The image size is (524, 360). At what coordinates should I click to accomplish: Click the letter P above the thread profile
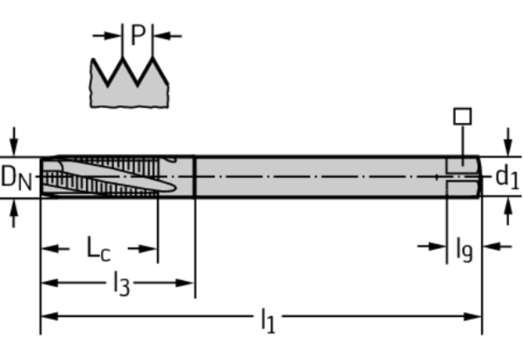pos(138,35)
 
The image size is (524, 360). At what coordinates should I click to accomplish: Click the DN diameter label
pos(16,178)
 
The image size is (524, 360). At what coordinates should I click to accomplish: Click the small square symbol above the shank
pos(462,117)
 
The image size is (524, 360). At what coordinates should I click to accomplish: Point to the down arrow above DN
pos(13,146)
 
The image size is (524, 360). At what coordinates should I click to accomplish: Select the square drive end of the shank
pos(462,177)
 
